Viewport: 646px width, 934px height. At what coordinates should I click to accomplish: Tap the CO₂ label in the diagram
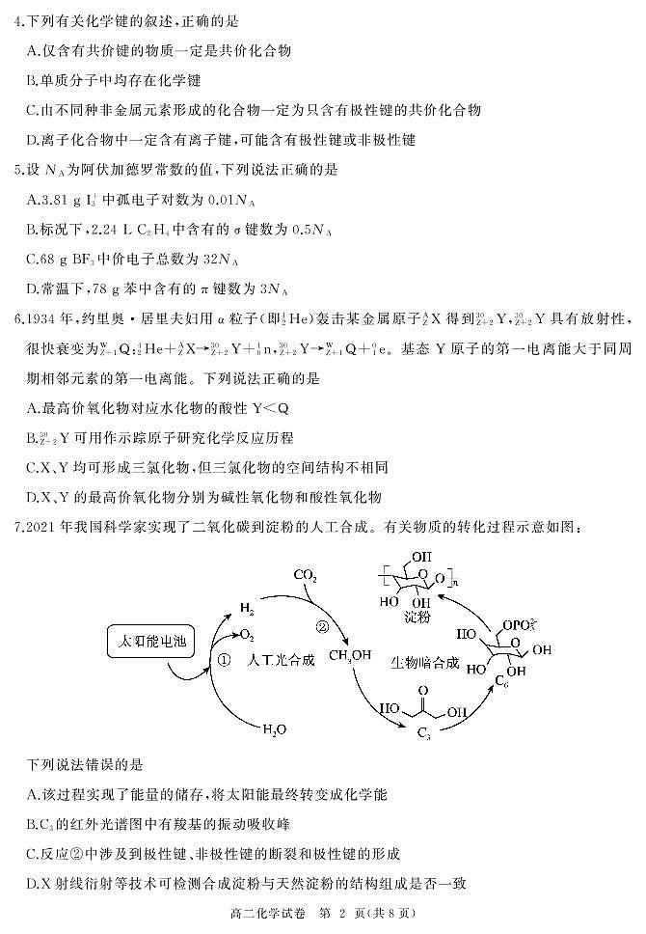pos(306,576)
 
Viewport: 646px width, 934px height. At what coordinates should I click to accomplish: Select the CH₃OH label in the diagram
pos(349,657)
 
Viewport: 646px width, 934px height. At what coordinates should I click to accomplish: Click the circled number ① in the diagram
pos(222,661)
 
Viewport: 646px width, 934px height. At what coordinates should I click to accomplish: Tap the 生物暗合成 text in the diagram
pos(423,665)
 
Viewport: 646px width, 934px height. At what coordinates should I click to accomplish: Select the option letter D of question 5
pos(33,288)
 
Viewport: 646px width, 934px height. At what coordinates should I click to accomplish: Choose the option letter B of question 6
pos(33,438)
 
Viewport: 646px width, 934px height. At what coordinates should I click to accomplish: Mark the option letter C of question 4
pos(33,110)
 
